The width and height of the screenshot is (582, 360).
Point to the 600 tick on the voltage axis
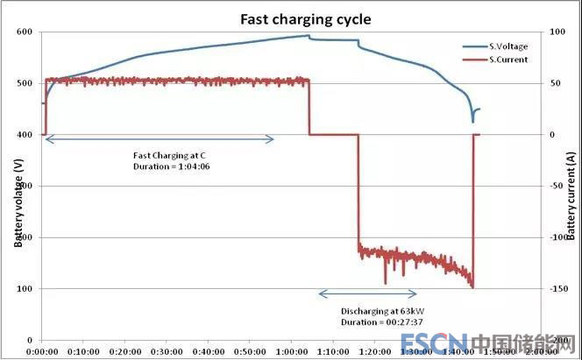(24, 32)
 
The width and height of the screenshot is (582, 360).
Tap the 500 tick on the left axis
(24, 83)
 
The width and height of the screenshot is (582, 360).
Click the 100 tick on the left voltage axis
(24, 289)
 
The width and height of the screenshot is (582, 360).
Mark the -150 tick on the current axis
(561, 289)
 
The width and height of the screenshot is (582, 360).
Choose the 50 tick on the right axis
(558, 83)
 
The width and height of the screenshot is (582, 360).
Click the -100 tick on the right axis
(561, 237)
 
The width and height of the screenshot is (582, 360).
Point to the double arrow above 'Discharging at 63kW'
(367, 293)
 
